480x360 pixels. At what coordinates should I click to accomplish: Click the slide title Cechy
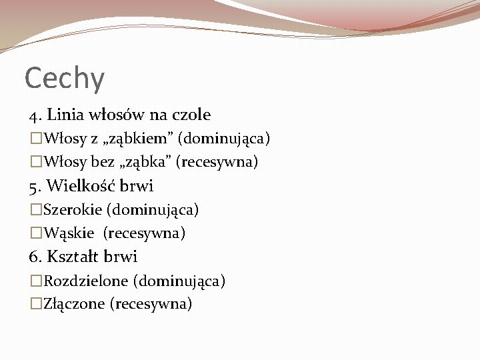pos(65,79)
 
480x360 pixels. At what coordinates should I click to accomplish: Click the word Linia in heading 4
pos(63,115)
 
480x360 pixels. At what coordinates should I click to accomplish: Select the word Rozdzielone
pos(86,281)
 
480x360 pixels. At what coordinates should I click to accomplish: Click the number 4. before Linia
pos(35,115)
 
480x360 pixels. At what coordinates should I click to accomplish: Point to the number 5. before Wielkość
pos(35,186)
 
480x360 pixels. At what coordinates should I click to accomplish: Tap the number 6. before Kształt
pos(35,257)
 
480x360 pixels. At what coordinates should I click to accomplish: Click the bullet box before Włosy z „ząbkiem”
pos(36,139)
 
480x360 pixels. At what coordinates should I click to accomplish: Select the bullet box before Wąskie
pos(36,233)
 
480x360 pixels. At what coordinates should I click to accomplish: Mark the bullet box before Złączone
pos(36,305)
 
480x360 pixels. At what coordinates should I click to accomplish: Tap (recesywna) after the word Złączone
pos(153,305)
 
